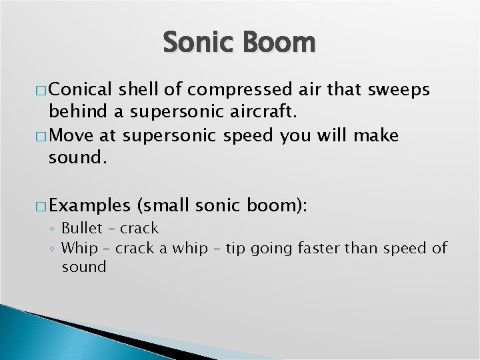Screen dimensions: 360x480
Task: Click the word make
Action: pyautogui.click(x=376, y=136)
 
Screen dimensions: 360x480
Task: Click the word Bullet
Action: pyautogui.click(x=83, y=229)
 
